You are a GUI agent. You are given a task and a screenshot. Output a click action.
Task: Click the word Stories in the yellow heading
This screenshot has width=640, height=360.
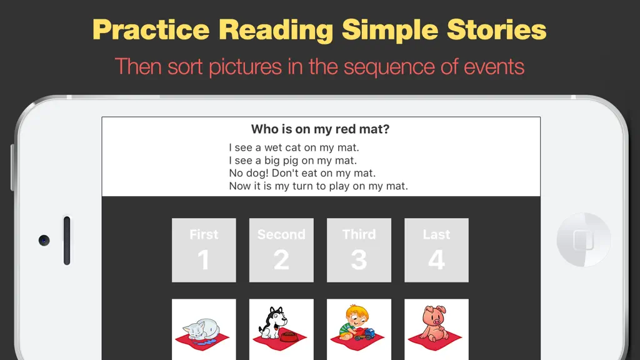[x=496, y=30]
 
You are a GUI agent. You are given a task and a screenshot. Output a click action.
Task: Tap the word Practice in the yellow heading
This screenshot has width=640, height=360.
[x=151, y=30]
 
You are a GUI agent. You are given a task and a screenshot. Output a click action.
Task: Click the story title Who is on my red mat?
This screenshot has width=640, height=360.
[x=321, y=129]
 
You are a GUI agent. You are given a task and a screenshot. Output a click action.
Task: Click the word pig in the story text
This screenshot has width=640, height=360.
[x=291, y=161]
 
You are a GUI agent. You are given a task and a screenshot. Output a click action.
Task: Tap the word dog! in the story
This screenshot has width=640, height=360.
[x=258, y=173]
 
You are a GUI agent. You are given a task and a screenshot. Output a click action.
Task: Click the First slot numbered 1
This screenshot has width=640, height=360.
[x=204, y=250]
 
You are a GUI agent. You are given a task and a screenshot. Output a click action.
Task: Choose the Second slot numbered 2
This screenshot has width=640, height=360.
[x=281, y=250]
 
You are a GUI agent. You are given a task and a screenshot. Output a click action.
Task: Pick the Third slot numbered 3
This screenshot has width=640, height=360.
[x=359, y=250]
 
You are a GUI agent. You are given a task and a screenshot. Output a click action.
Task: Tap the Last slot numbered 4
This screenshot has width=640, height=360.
[x=436, y=250]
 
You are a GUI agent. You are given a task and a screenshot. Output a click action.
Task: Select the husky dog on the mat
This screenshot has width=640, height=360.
[x=273, y=322]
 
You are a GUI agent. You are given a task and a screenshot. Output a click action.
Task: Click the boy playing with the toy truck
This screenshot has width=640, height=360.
[x=353, y=322]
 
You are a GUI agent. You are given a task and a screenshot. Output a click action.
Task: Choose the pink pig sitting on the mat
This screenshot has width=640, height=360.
[x=434, y=323]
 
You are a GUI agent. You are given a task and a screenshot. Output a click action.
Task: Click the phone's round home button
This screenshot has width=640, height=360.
[x=584, y=239]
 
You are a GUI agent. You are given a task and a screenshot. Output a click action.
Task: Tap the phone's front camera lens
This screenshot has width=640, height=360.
[x=44, y=241]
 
